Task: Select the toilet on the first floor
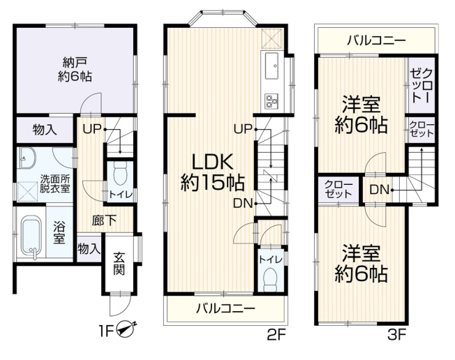pos(121,173)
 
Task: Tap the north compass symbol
pos(125,329)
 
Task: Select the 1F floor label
pos(105,331)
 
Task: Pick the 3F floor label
pos(396,336)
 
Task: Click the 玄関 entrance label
pos(119,264)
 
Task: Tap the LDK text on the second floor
pos(213,163)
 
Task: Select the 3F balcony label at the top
pos(376,41)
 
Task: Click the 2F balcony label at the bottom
pos(226,308)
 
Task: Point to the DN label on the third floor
pos(379,190)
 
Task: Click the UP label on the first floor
pos(92,129)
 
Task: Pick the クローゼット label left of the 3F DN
pos(338,190)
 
